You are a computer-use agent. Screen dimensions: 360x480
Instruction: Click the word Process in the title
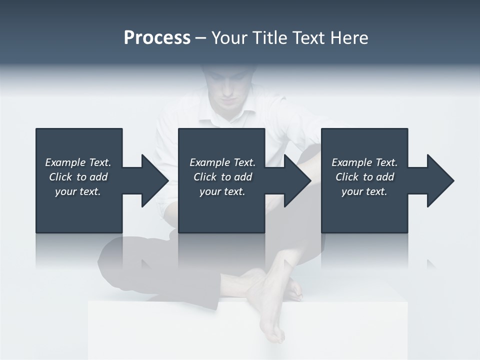click(157, 38)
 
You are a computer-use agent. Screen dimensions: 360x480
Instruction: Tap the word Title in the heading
click(272, 38)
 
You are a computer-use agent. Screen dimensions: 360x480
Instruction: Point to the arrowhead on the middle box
click(296, 180)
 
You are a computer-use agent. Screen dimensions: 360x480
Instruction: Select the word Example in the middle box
click(209, 162)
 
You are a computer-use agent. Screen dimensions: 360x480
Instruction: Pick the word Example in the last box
click(351, 162)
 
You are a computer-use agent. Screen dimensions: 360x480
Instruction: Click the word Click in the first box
click(60, 177)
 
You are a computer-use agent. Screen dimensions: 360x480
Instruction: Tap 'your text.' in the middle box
click(222, 191)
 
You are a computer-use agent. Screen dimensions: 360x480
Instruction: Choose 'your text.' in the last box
click(364, 191)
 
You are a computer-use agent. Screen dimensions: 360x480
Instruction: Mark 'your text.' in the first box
click(78, 191)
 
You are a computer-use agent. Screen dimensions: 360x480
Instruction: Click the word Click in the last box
click(347, 177)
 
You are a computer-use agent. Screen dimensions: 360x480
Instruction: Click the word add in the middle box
click(243, 177)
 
